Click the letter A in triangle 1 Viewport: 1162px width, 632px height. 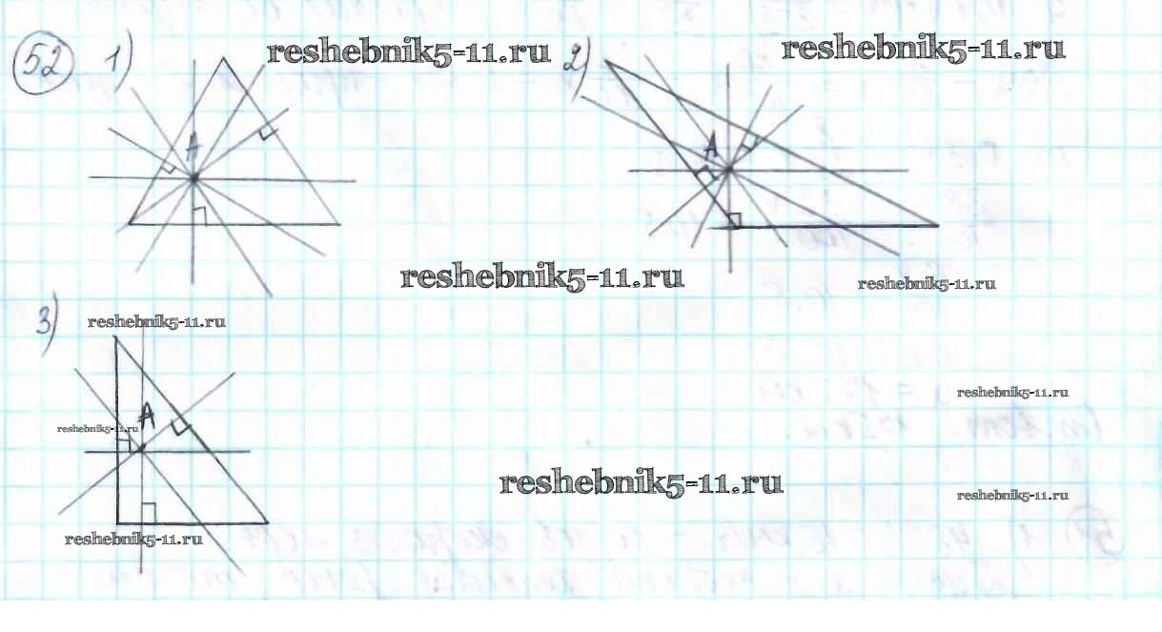point(192,146)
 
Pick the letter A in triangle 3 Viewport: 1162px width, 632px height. point(146,414)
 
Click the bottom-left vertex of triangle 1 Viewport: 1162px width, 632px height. point(130,225)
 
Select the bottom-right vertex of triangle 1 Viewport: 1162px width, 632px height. point(340,225)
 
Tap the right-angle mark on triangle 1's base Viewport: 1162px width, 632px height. point(198,216)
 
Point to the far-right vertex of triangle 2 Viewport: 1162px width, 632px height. point(938,226)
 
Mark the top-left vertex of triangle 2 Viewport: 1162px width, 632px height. point(603,62)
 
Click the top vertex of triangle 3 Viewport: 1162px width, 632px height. point(116,337)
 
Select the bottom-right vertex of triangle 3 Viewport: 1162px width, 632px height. point(268,522)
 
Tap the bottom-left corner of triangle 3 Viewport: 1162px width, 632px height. point(117,522)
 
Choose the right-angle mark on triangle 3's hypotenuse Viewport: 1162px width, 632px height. point(183,429)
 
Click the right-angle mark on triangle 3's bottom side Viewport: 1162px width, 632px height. point(148,512)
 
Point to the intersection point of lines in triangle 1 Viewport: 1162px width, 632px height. point(194,177)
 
